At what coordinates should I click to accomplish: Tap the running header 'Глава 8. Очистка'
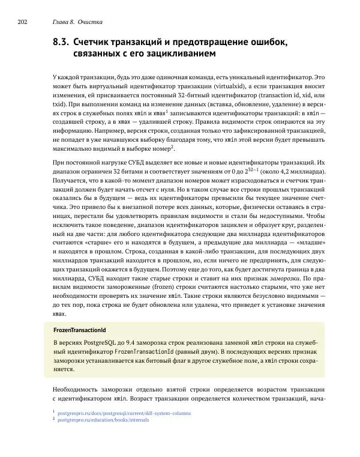point(77,23)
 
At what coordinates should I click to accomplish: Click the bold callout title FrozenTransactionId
point(80,330)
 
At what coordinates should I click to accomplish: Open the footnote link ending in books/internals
point(103,420)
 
